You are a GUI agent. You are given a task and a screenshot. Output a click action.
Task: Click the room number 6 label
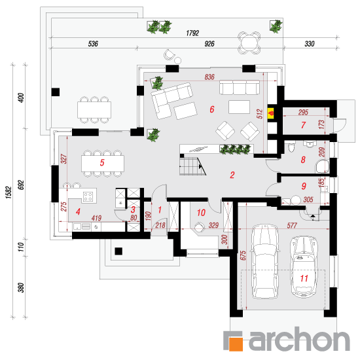tap(212, 109)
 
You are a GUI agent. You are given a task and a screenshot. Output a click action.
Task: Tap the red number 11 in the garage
tap(304, 278)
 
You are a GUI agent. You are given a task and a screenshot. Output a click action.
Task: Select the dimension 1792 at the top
tap(192, 33)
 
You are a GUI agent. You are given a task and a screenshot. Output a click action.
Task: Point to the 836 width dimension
tap(209, 77)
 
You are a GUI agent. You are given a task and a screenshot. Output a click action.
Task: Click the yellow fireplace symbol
tap(272, 113)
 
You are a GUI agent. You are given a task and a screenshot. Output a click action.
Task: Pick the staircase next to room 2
tap(192, 166)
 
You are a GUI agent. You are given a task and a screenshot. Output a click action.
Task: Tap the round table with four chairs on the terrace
tap(249, 43)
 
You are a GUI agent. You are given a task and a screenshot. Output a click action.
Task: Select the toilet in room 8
tap(291, 148)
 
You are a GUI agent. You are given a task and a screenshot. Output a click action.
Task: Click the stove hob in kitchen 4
tap(88, 197)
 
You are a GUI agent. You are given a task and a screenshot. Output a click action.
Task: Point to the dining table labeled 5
tap(103, 163)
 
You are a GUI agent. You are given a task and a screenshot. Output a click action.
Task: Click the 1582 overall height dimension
tap(9, 192)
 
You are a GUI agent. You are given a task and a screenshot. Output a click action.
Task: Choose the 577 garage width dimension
tap(292, 225)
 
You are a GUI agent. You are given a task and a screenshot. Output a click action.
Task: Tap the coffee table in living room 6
tap(239, 107)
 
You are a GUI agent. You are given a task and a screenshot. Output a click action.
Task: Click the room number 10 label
tap(201, 213)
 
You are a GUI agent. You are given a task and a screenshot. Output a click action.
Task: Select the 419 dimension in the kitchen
tap(96, 218)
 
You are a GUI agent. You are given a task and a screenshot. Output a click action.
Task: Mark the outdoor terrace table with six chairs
tap(94, 110)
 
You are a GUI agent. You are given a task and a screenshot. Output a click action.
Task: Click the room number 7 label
tap(303, 125)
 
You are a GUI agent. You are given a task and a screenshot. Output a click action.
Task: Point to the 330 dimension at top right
tap(309, 44)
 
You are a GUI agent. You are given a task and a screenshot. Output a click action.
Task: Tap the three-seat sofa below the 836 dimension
tap(240, 87)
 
